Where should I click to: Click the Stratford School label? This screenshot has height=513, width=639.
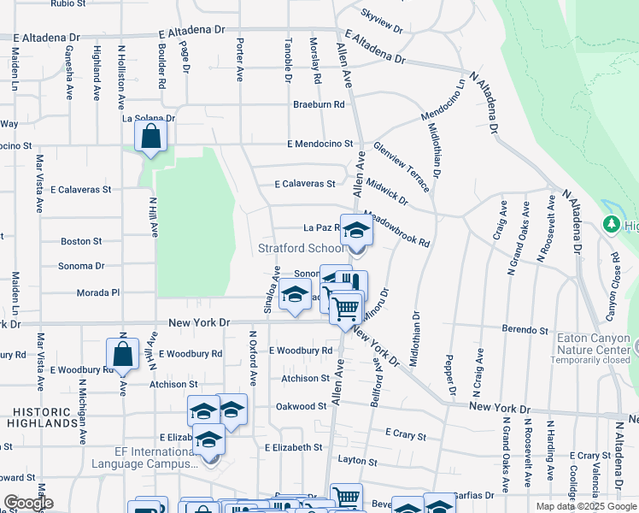[302, 249]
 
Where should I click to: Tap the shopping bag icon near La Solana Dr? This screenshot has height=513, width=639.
[151, 138]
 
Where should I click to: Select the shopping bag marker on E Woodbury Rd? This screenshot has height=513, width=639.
[123, 354]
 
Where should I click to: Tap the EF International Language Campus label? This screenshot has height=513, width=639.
[140, 457]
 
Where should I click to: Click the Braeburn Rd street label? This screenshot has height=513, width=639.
[318, 104]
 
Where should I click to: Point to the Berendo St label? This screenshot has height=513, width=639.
[525, 329]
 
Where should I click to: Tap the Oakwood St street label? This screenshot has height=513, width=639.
[301, 406]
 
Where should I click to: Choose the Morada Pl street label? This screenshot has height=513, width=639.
[97, 292]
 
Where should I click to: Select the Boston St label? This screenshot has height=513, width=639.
[81, 242]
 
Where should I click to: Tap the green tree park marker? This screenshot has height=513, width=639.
[612, 225]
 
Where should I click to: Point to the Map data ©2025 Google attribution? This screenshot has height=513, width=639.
[585, 506]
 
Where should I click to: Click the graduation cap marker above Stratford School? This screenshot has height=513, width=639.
[356, 229]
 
